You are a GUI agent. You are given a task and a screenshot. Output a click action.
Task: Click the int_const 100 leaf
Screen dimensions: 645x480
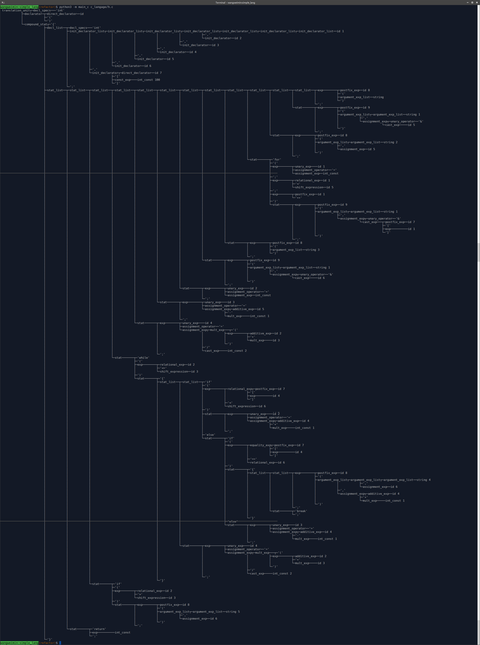click(x=149, y=80)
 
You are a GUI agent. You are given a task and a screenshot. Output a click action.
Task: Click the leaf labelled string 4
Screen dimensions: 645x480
click(x=423, y=480)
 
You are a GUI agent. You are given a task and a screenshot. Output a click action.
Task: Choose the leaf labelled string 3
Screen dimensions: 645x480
click(x=312, y=250)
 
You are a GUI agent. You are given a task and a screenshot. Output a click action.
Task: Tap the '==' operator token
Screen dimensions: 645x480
click(x=253, y=459)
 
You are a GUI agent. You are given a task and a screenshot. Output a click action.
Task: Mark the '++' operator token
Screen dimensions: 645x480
click(x=298, y=198)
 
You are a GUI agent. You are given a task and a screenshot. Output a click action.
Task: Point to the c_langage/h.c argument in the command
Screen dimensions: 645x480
click(x=102, y=7)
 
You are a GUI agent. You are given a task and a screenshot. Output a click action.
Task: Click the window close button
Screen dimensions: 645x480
click(x=477, y=2)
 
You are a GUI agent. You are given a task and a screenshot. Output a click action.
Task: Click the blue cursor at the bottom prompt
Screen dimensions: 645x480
click(x=60, y=643)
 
